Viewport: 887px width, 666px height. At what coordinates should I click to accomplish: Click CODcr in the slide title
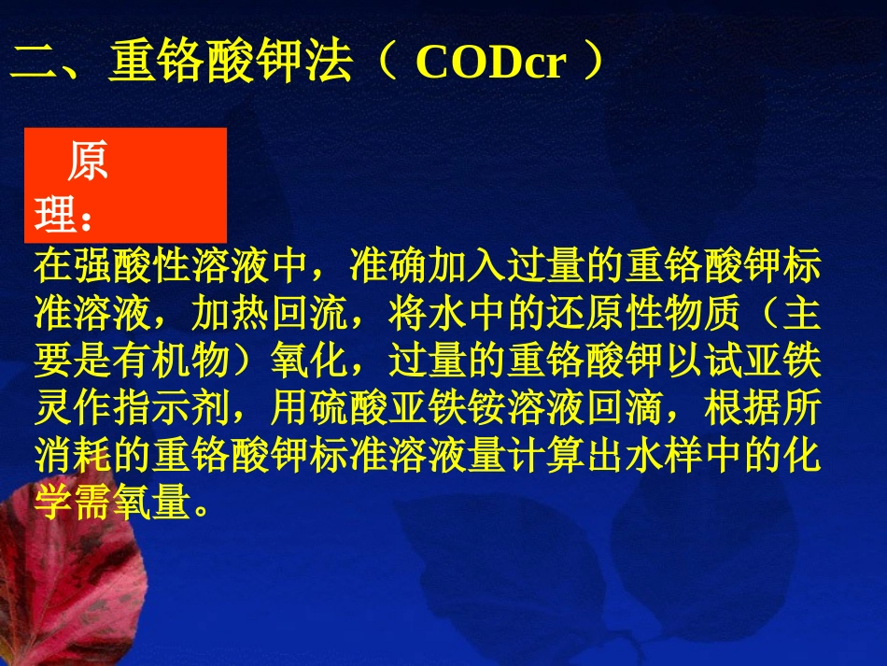coord(490,64)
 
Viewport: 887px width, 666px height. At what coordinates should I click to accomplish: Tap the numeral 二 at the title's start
coord(35,64)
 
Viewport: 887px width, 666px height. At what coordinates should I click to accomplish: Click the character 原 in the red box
coord(87,163)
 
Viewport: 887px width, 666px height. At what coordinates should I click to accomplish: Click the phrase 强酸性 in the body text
coord(133,266)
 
